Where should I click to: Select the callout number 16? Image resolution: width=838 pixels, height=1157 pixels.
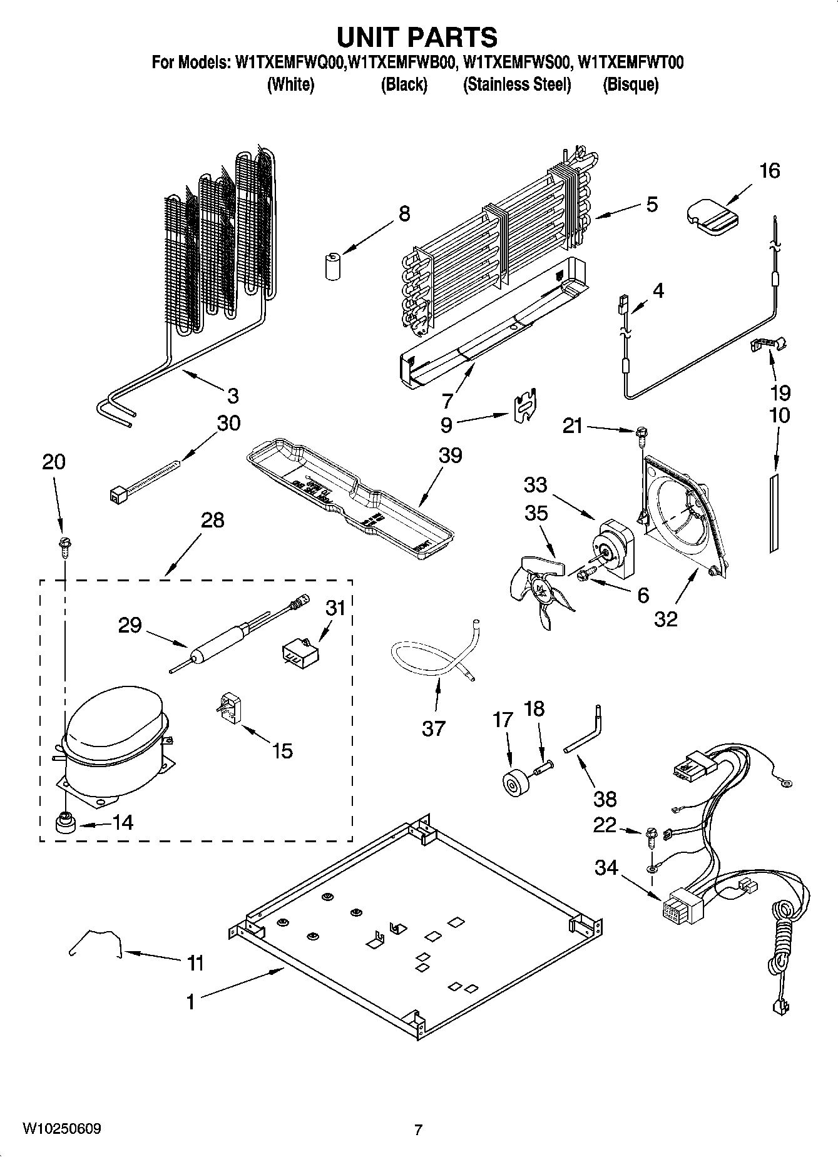point(769,171)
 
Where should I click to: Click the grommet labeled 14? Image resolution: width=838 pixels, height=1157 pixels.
point(64,824)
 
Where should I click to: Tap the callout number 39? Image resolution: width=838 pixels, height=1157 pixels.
point(450,455)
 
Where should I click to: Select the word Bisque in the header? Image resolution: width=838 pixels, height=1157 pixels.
point(630,84)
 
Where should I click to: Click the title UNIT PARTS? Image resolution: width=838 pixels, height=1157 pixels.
point(417,38)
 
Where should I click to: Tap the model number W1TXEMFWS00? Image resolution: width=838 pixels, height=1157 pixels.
point(517,63)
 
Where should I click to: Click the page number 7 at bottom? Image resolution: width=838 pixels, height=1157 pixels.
point(418,1129)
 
